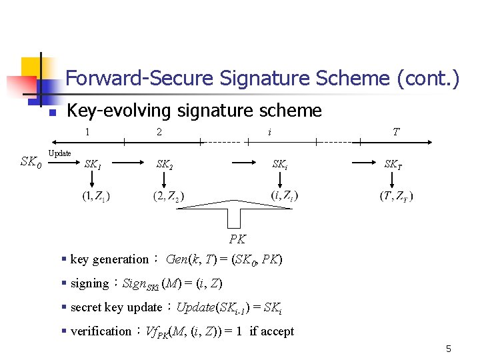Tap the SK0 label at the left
(31, 161)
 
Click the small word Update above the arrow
(60, 153)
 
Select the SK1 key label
(93, 163)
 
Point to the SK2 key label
(164, 163)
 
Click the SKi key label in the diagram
(281, 163)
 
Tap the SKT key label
(393, 163)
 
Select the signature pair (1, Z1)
(96, 196)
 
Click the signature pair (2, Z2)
(169, 196)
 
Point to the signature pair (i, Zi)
(285, 195)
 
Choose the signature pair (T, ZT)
(396, 196)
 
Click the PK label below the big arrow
(237, 239)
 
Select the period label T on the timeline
(396, 132)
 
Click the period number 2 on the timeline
(159, 132)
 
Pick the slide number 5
(449, 349)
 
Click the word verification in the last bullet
(101, 331)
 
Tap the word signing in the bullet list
(89, 283)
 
